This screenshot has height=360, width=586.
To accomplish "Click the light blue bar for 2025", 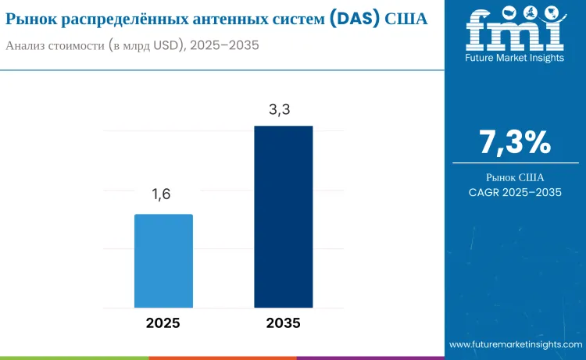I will tap(163, 261).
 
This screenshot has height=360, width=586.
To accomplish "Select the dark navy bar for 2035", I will tap(283, 216).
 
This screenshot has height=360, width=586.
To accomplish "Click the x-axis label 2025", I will tap(163, 323).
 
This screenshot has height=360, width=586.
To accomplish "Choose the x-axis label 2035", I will tap(283, 323).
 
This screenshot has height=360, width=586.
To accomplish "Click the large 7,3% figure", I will tap(515, 142).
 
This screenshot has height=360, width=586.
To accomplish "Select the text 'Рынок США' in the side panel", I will tap(515, 177).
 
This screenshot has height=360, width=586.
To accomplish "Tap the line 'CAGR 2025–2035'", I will tap(515, 192).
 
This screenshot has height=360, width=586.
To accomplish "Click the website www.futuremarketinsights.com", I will tap(515, 344).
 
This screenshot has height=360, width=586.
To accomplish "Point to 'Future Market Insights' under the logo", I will tap(515, 57).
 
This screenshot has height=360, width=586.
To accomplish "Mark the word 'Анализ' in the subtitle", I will tap(27, 45).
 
